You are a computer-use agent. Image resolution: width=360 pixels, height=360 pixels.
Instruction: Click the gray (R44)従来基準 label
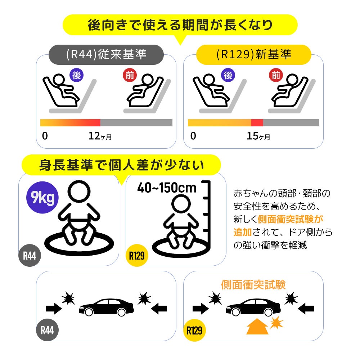click(x=106, y=54)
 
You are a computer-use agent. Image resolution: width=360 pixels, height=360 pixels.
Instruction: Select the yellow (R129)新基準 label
click(x=254, y=54)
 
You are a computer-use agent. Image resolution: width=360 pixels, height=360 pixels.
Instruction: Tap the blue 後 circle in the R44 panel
click(x=76, y=75)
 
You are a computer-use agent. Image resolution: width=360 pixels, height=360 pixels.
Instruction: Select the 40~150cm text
click(x=167, y=188)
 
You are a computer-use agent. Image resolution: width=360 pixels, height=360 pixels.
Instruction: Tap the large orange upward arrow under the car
click(x=257, y=327)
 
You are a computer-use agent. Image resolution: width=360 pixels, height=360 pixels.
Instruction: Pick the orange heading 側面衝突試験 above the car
click(x=253, y=285)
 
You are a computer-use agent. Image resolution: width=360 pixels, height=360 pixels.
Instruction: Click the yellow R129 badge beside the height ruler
click(x=137, y=256)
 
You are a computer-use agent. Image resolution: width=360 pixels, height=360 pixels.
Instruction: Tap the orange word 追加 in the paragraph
click(x=241, y=232)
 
